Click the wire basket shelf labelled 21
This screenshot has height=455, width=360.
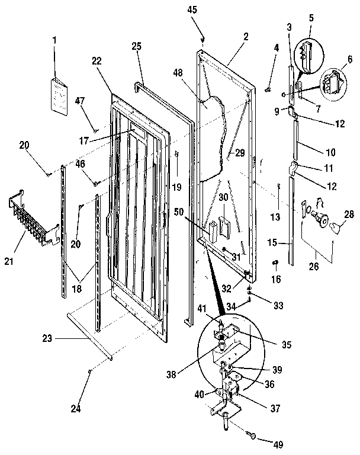point(33,222)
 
